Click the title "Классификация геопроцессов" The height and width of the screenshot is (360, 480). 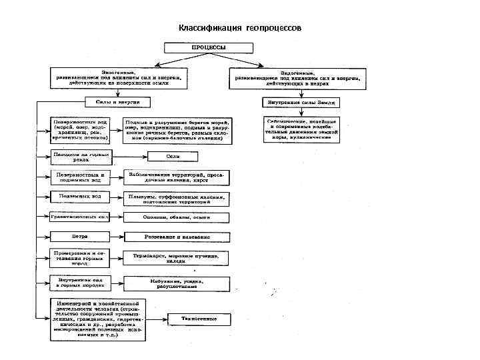(x=239, y=29)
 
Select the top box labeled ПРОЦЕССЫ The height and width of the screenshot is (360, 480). (x=209, y=49)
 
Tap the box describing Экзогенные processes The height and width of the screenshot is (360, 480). (x=119, y=78)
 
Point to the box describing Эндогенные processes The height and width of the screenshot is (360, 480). (x=299, y=78)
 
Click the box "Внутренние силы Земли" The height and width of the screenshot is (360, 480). (x=301, y=102)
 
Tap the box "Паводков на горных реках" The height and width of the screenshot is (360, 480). (x=81, y=157)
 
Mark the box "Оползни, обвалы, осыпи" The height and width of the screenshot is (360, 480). (x=176, y=217)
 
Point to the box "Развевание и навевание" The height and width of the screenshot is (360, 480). (x=176, y=236)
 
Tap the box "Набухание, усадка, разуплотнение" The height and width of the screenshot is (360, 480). (x=176, y=283)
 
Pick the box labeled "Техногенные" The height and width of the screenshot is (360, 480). (x=200, y=319)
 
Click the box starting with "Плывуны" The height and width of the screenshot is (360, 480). (x=176, y=199)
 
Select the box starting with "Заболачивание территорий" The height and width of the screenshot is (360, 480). (x=176, y=177)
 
